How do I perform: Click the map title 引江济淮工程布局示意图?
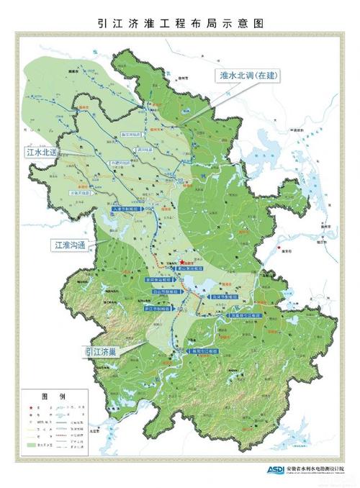[180, 23]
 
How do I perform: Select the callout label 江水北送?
[42, 153]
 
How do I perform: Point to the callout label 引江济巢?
[102, 351]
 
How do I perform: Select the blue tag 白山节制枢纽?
[167, 294]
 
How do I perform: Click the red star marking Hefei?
[183, 263]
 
